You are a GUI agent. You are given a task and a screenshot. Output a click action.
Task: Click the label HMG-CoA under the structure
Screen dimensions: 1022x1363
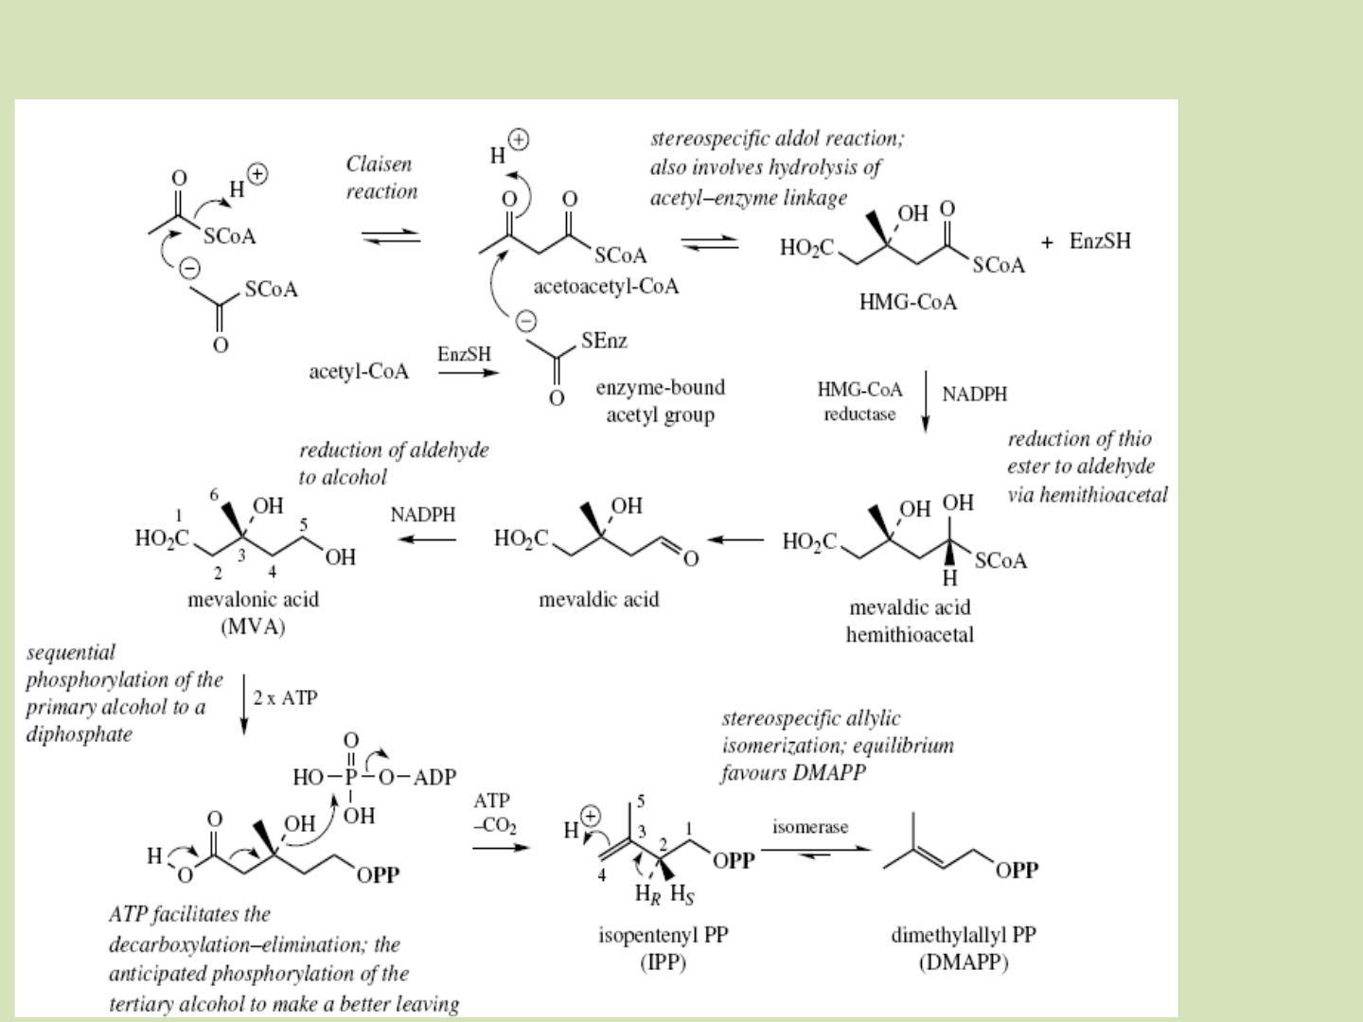(x=907, y=303)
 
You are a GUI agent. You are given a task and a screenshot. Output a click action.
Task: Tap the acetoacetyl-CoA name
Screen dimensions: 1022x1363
(x=606, y=286)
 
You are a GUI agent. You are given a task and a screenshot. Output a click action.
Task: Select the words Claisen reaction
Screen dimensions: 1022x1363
(x=381, y=178)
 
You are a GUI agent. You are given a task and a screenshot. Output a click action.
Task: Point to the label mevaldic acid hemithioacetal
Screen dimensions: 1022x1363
(x=910, y=621)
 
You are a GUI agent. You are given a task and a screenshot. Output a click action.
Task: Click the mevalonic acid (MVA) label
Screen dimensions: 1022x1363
(x=253, y=612)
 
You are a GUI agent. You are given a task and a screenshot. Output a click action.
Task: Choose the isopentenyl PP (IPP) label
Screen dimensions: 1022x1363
(x=663, y=948)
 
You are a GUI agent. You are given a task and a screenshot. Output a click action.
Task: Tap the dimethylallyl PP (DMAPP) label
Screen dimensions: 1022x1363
(x=963, y=948)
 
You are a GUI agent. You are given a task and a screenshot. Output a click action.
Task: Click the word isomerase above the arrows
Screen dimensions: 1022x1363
(x=810, y=827)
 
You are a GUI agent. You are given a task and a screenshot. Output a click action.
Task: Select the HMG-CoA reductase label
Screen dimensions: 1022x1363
(x=859, y=401)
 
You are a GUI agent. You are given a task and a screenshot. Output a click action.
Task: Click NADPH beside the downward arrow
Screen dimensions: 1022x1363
(x=974, y=395)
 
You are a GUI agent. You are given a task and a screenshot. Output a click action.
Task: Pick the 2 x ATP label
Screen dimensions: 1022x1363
(x=285, y=698)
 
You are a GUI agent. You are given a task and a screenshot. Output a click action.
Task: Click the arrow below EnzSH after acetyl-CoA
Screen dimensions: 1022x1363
(x=468, y=373)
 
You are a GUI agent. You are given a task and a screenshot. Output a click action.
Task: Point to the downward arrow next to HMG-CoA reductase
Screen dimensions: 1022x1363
(x=925, y=401)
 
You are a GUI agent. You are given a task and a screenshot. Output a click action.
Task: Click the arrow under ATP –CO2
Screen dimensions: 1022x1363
(x=501, y=848)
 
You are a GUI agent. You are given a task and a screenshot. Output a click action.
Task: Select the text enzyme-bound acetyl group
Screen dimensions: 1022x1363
(x=660, y=400)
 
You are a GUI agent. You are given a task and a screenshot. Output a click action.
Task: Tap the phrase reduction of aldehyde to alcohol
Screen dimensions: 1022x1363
(x=394, y=463)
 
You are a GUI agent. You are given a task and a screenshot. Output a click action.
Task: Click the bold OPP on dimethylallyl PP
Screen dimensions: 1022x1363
(x=1017, y=870)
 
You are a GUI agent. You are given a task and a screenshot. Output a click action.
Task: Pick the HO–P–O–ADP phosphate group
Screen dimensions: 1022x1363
(x=374, y=778)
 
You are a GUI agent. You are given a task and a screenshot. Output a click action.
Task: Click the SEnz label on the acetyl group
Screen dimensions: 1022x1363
(x=604, y=341)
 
